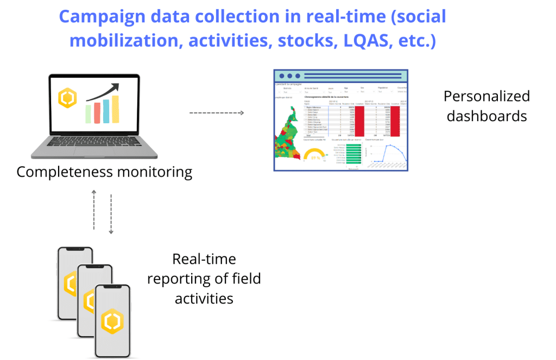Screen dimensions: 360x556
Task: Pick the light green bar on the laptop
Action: coord(89,115)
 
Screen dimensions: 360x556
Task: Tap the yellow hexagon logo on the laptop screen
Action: coord(67,98)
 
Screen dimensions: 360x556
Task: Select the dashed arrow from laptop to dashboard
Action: coord(216,112)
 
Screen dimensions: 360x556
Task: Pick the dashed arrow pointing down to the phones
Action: coord(111,214)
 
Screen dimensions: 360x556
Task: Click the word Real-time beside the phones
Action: coord(204,258)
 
